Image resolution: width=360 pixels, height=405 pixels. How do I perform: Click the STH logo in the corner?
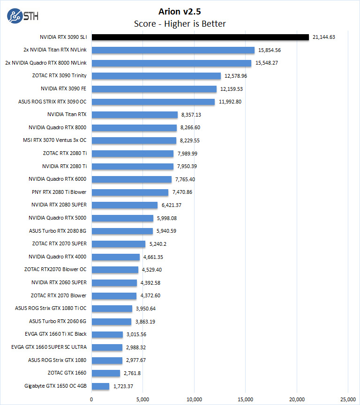[x=22, y=16]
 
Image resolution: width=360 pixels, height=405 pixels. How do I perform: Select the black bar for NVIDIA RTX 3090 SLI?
[x=200, y=37]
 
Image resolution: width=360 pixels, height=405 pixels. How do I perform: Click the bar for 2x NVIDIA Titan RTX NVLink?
[x=173, y=50]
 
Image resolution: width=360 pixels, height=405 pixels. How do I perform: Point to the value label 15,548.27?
[x=267, y=63]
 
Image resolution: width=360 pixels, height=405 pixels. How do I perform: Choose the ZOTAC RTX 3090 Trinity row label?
[x=59, y=75]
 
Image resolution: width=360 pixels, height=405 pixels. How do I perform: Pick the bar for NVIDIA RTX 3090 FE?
[x=154, y=88]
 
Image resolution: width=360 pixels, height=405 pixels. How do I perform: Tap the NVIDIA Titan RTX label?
[x=67, y=114]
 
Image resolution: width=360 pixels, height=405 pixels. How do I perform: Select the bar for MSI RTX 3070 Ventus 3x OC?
[x=134, y=140]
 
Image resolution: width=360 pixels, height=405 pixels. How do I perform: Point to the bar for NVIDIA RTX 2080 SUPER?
[x=124, y=205]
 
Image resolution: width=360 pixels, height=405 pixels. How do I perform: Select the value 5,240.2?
[x=157, y=244]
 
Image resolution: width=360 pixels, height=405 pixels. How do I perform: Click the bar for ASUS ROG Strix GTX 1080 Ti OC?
[x=112, y=308]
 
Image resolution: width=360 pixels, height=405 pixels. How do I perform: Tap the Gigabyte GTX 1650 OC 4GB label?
[x=56, y=386]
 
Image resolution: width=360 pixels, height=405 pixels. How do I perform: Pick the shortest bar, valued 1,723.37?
[x=100, y=386]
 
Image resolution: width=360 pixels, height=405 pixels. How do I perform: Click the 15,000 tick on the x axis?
[x=246, y=399]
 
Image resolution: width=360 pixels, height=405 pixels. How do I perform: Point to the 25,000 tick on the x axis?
[x=348, y=399]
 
